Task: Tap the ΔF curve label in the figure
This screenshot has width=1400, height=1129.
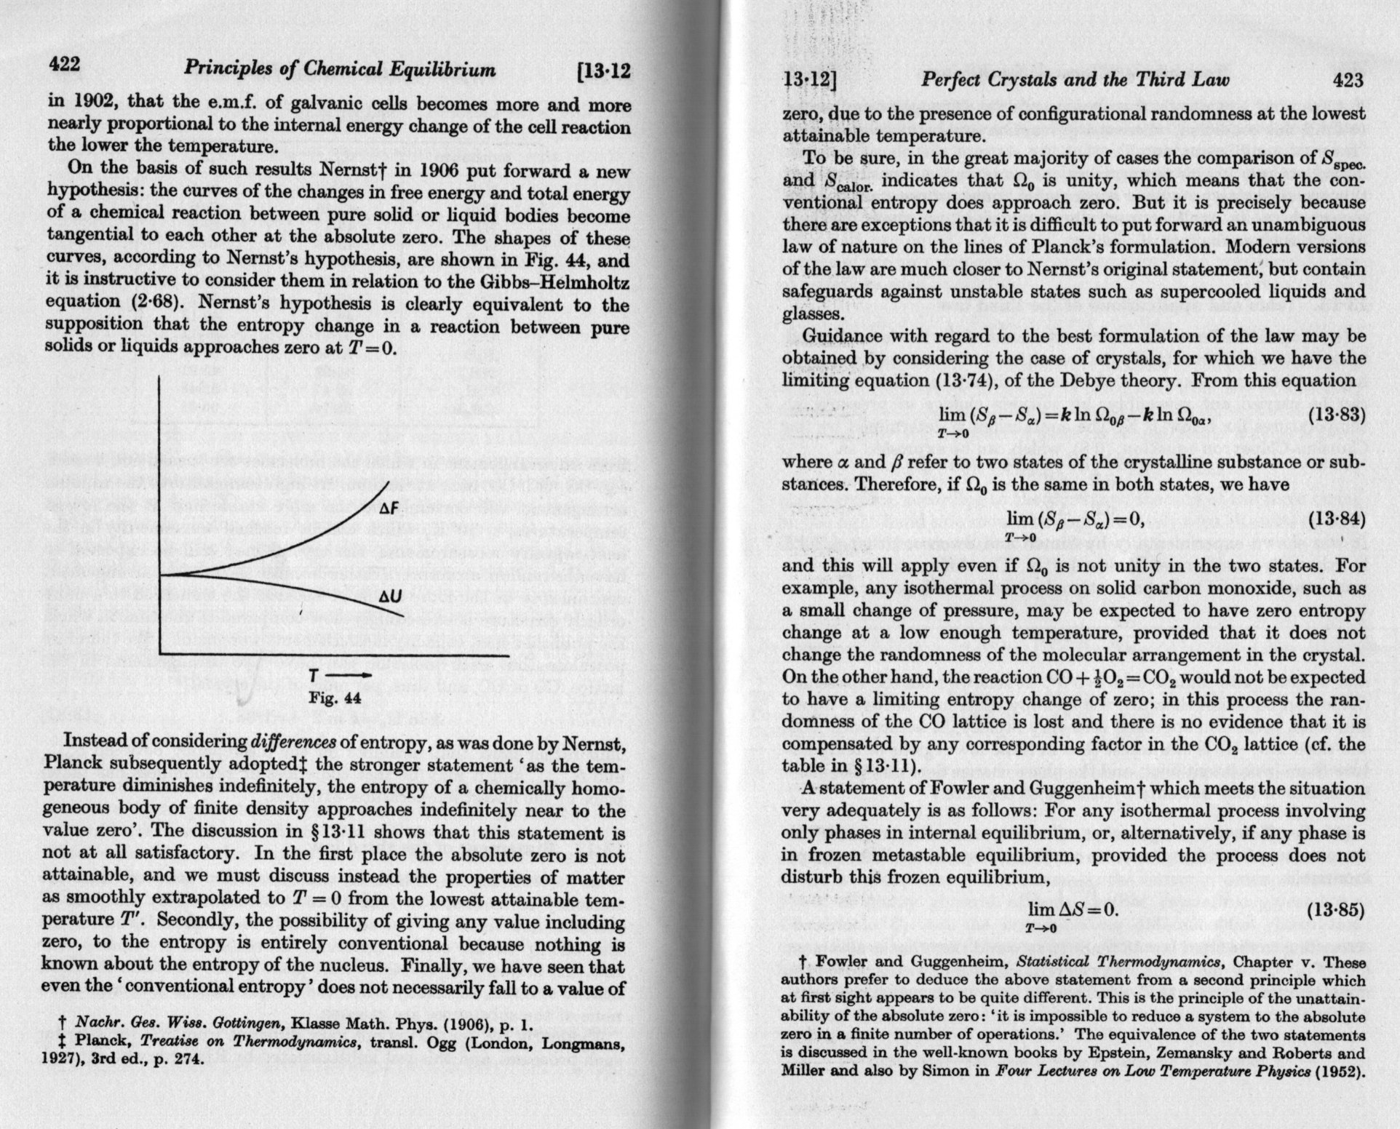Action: pyautogui.click(x=391, y=508)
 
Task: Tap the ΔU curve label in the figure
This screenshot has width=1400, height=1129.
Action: pyautogui.click(x=391, y=597)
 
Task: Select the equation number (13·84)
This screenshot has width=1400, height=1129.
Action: pyautogui.click(x=1336, y=519)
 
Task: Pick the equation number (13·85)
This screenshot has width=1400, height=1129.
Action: pyautogui.click(x=1336, y=911)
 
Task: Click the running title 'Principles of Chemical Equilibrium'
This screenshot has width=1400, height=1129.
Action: pyautogui.click(x=339, y=70)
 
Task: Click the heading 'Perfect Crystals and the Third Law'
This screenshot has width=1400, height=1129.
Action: pyautogui.click(x=1075, y=80)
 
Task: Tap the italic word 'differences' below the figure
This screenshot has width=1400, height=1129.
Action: pyautogui.click(x=293, y=743)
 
